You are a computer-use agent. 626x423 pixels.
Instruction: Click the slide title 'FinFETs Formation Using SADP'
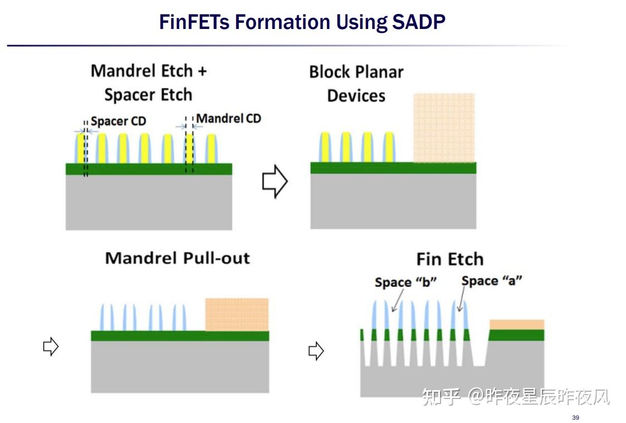pyautogui.click(x=302, y=22)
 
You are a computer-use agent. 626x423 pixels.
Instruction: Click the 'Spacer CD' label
pyautogui.click(x=118, y=121)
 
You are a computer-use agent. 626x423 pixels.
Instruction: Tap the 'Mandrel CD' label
pyautogui.click(x=228, y=118)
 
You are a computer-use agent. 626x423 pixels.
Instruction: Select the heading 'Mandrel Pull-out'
pyautogui.click(x=178, y=258)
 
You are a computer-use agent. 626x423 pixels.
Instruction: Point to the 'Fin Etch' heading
pyautogui.click(x=449, y=259)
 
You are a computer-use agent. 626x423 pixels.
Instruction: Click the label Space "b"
pyautogui.click(x=405, y=282)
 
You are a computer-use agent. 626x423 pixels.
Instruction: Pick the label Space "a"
pyautogui.click(x=491, y=281)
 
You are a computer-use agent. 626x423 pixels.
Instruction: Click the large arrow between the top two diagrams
pyautogui.click(x=274, y=182)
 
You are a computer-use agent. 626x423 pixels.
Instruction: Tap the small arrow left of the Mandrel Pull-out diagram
pyautogui.click(x=51, y=347)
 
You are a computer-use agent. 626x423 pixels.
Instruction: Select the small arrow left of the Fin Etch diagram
pyautogui.click(x=316, y=351)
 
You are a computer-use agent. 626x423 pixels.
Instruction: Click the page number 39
pyautogui.click(x=575, y=418)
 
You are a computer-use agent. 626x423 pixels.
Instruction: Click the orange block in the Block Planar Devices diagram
pyautogui.click(x=444, y=128)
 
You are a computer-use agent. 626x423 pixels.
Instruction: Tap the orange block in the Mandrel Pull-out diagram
pyautogui.click(x=237, y=314)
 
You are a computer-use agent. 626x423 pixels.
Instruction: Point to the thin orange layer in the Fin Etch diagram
pyautogui.click(x=516, y=324)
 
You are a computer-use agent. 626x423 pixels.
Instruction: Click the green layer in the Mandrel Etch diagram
pyautogui.click(x=149, y=169)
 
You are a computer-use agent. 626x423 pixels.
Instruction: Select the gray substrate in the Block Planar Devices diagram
pyautogui.click(x=393, y=201)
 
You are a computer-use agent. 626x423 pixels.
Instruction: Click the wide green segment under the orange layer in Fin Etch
pyautogui.click(x=516, y=335)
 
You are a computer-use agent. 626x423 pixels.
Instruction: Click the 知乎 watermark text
pyautogui.click(x=441, y=397)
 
